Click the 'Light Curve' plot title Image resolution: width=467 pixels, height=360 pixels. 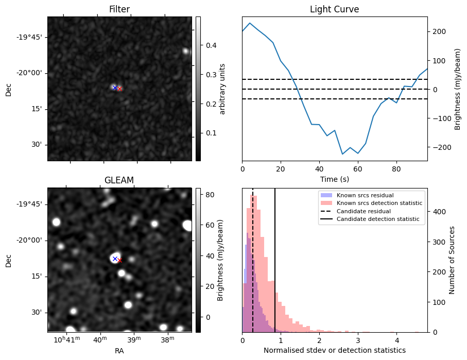[334, 9]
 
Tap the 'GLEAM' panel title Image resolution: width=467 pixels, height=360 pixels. [119, 180]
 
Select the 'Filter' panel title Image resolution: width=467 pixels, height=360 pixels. [119, 9]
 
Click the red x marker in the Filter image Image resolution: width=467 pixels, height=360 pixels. [119, 89]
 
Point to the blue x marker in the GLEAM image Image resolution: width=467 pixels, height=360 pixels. [115, 259]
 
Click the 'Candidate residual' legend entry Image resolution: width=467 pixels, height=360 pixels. [358, 211]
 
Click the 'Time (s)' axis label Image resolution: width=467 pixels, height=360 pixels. [334, 179]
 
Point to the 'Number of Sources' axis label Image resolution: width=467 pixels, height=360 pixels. [452, 260]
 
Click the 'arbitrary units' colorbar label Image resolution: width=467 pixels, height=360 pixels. [222, 89]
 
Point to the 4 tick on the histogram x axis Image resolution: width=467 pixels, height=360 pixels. [396, 340]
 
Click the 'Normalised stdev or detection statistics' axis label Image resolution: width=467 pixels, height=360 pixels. [334, 350]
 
